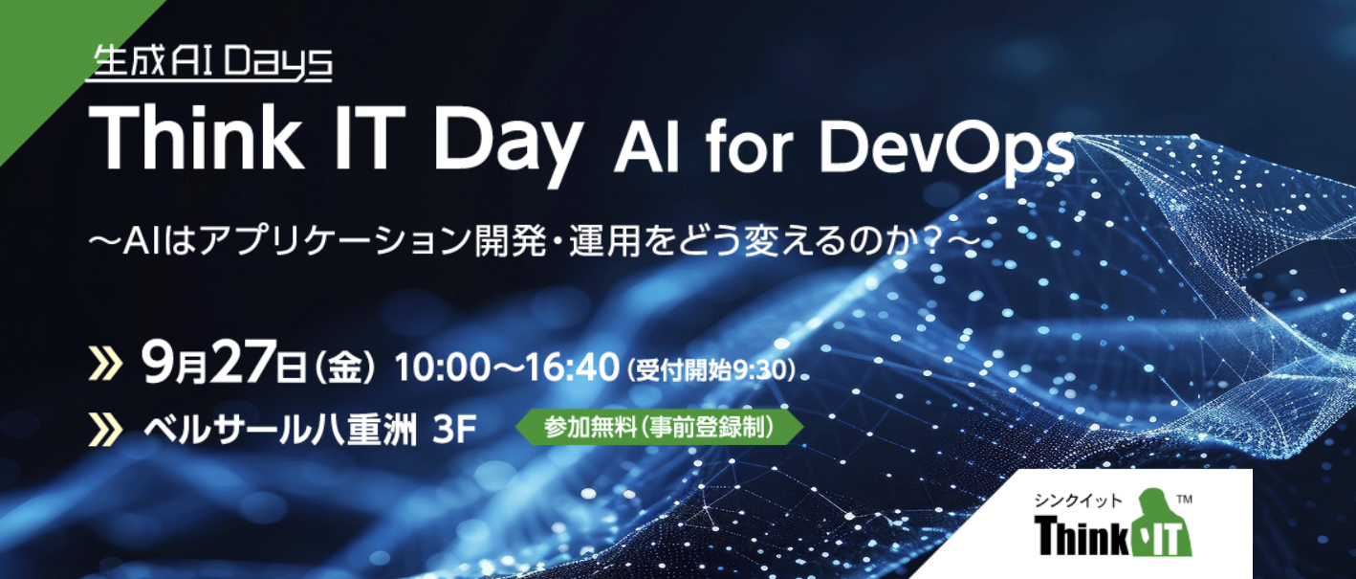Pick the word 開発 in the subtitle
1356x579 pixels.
pos(511,241)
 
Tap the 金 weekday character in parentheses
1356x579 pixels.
pos(344,368)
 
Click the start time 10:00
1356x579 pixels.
pos(443,368)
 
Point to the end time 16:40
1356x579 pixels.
pos(572,368)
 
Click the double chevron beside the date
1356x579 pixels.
pos(105,364)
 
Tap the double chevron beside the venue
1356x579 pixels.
pos(105,429)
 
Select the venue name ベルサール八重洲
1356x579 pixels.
pos(280,431)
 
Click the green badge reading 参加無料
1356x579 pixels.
pos(659,428)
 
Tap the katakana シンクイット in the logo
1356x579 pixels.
pos(1078,501)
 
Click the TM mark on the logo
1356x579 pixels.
pos(1184,500)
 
